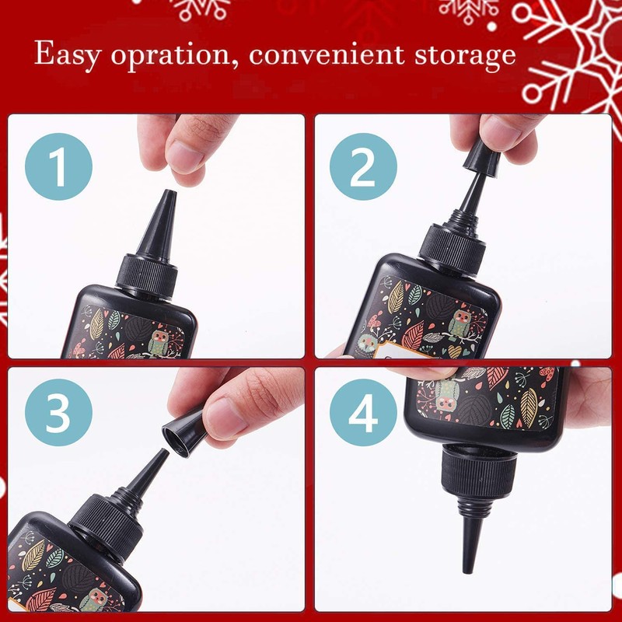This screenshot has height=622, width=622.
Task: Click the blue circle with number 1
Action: coord(58,166)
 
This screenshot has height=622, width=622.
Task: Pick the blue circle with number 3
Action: coord(58,415)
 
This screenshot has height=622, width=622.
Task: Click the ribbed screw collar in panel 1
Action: coord(148,277)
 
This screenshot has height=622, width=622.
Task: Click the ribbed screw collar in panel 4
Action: coord(478,473)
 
